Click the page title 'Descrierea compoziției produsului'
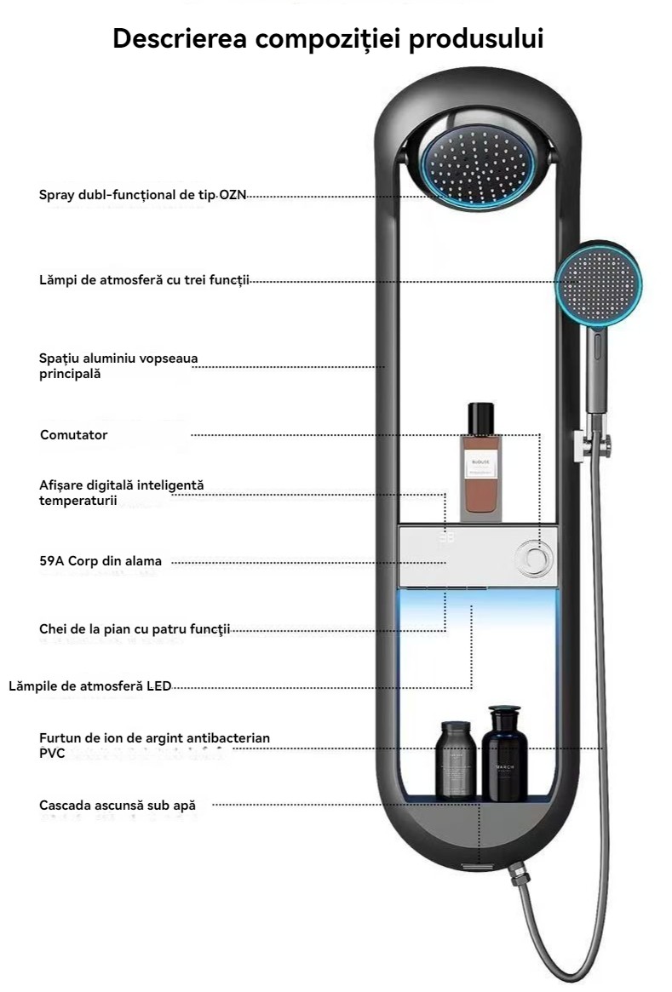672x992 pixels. [x=328, y=38]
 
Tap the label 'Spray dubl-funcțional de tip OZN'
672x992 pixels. [x=142, y=195]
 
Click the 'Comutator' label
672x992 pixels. [x=74, y=435]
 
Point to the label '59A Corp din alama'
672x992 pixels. [x=101, y=561]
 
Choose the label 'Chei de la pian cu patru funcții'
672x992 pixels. [x=135, y=629]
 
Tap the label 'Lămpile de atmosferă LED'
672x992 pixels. [x=90, y=685]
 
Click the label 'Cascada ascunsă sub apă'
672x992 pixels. [x=118, y=805]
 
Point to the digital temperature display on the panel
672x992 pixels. [x=448, y=538]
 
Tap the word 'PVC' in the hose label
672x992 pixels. [x=52, y=754]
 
